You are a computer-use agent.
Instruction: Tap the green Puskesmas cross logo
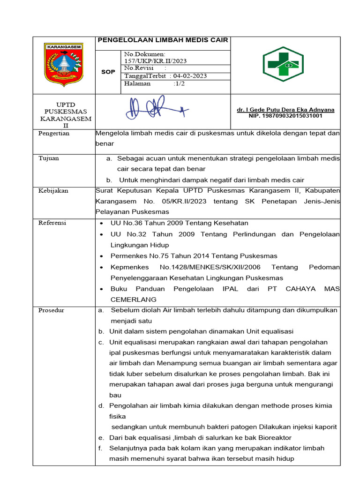pos(285,65)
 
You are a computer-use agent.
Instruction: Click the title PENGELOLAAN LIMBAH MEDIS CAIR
pos(162,40)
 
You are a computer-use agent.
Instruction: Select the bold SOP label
pos(108,72)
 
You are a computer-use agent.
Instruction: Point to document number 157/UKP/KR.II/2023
pos(156,61)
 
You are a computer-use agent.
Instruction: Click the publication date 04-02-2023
pos(190,76)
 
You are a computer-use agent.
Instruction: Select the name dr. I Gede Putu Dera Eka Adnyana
pos(285,110)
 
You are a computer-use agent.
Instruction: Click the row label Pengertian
pos(53,134)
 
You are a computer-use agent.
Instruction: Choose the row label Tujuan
pos(48,158)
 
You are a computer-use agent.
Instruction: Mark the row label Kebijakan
pos(53,191)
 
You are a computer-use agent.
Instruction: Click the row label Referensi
pos(52,223)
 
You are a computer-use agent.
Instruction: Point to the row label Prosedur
pos(51,310)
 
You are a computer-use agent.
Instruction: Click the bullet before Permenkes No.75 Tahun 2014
pos(102,256)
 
